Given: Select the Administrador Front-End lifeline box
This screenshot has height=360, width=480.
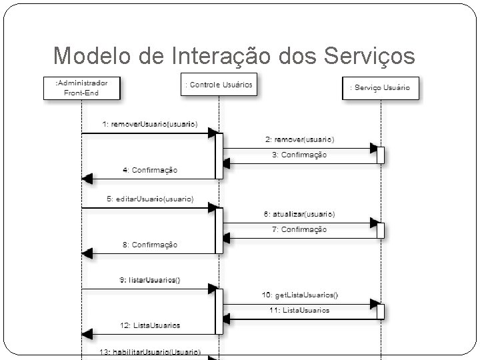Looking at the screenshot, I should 81,87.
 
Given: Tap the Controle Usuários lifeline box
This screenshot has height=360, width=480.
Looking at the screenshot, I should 217,85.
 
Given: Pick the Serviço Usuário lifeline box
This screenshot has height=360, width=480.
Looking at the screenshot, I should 380,88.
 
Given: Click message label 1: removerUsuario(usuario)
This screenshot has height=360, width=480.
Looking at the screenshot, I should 150,124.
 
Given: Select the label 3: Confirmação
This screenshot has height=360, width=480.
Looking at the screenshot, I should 299,155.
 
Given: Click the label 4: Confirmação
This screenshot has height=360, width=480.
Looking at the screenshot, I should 150,170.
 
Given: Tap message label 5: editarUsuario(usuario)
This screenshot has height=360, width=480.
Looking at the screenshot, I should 149,199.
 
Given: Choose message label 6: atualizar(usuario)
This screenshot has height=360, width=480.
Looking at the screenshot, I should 299,214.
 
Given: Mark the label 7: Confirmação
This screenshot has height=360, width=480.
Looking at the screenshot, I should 299,229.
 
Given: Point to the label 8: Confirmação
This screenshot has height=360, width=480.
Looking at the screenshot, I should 150,245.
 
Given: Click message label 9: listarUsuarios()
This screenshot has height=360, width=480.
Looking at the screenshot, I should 150,280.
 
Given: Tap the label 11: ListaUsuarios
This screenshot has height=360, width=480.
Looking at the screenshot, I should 299,310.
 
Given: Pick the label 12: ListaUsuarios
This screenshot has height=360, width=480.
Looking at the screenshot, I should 150,325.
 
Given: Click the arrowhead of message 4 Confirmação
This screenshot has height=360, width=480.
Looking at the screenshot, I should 87,179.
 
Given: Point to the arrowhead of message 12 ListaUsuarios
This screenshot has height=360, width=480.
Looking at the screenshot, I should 87,333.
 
